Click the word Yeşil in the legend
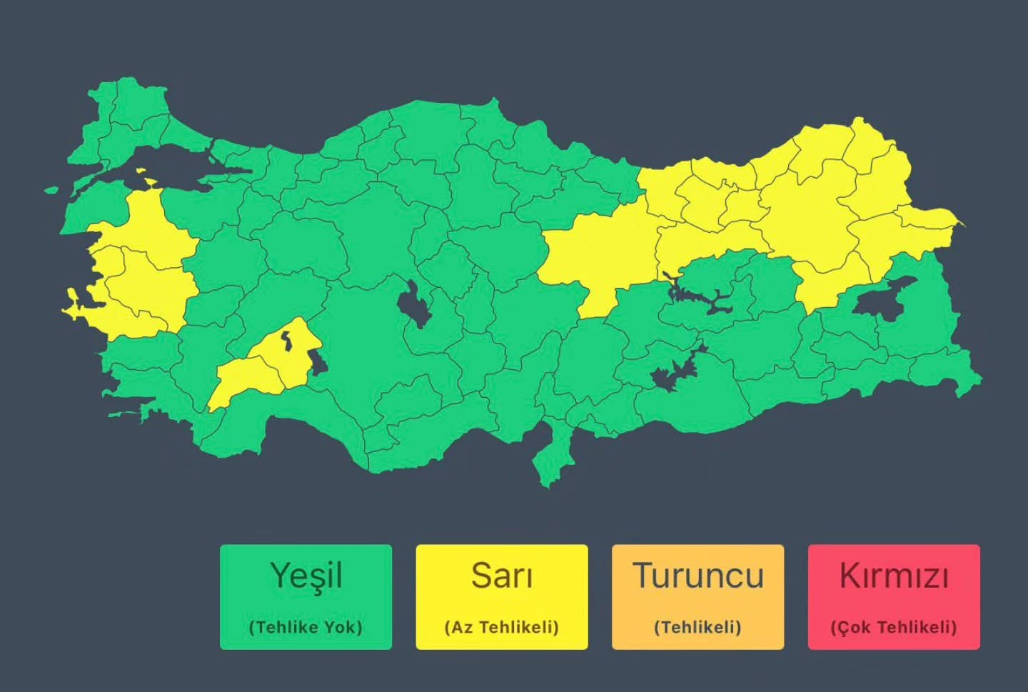(306, 576)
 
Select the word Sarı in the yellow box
(501, 576)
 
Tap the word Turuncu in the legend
(697, 576)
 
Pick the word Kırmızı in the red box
(893, 576)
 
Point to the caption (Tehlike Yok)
(306, 628)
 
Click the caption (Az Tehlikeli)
(501, 628)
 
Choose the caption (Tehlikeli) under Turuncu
(697, 628)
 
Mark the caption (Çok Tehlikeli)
(893, 628)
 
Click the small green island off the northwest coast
(51, 190)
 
